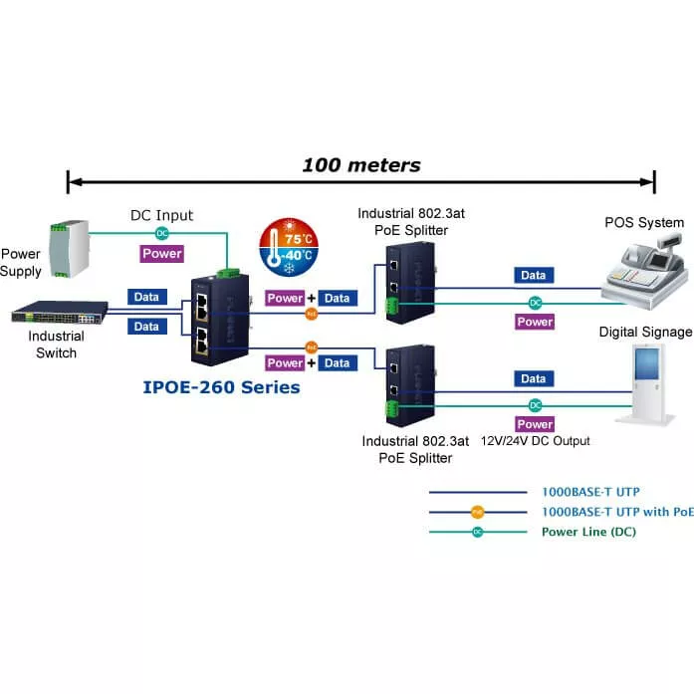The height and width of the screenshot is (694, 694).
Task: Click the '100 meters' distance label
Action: click(x=360, y=165)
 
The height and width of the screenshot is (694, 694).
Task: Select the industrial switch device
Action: click(x=60, y=316)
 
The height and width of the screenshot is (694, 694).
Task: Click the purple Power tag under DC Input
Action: click(x=161, y=254)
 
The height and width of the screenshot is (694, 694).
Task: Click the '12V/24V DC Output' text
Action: click(x=536, y=441)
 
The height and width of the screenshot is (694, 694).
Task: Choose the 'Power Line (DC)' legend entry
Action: click(x=587, y=532)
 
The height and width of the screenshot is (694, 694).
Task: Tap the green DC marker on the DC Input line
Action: click(x=161, y=233)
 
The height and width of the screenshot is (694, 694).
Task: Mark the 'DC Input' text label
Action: click(x=161, y=215)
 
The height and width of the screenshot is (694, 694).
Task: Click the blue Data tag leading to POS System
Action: click(x=534, y=276)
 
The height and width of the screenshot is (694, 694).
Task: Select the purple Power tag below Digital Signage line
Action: click(x=535, y=424)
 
